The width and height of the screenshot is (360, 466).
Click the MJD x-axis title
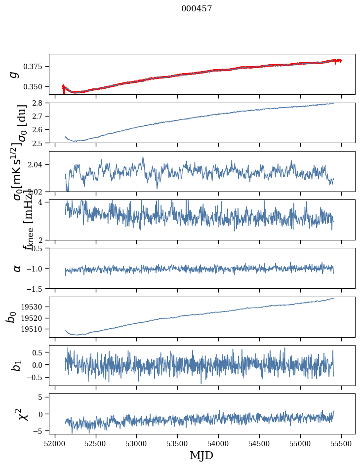coord(201,455)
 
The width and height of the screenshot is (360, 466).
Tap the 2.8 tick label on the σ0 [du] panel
coord(40,103)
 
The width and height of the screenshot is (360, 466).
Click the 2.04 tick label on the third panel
coord(38,164)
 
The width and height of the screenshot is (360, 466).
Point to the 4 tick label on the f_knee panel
coord(43,202)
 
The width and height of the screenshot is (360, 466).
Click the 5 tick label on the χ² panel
coord(43,397)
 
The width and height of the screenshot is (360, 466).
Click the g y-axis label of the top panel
coord(14,74)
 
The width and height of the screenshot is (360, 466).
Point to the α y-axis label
coord(17,268)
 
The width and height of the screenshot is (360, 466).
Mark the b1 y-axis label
coord(17,365)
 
